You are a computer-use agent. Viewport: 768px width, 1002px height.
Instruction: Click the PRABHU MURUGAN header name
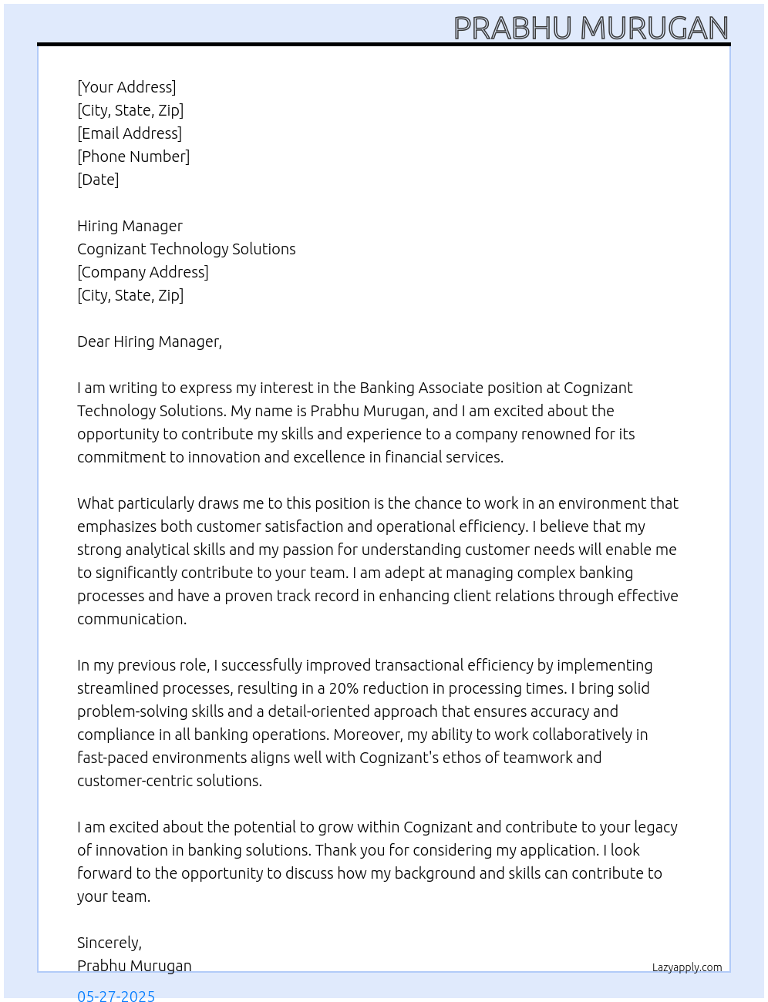591,29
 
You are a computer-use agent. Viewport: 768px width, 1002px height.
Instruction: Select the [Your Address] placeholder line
126,87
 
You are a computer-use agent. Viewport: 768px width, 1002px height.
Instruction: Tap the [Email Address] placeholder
130,133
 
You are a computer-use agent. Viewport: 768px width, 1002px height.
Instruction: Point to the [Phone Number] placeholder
133,156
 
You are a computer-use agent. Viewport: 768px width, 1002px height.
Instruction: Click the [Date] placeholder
98,180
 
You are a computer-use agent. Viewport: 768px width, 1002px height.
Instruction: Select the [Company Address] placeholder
143,272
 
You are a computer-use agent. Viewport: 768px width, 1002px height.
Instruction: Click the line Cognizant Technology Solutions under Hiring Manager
186,249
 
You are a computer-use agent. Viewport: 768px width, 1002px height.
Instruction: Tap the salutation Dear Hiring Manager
149,341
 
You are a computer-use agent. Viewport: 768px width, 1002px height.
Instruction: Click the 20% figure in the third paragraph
344,688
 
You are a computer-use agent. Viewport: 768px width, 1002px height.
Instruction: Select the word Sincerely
109,943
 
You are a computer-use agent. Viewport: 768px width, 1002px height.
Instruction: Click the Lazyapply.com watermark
687,967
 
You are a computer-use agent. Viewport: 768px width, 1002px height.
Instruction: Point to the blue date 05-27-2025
116,996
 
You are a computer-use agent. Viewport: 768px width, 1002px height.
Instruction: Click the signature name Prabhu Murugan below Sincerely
134,966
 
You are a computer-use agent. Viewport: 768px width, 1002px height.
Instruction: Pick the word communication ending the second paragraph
131,619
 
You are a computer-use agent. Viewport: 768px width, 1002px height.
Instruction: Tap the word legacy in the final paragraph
655,827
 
